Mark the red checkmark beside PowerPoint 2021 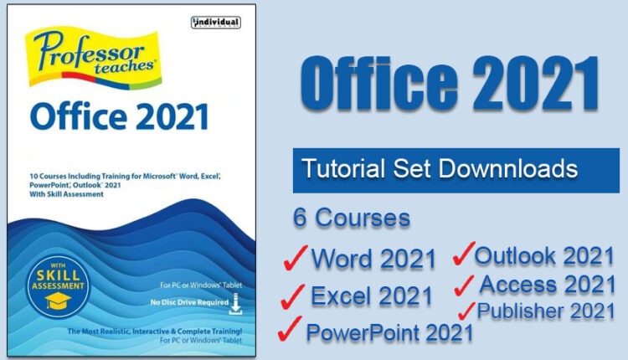[x=290, y=331]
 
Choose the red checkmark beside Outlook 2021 [x=463, y=254]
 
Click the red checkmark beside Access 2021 [x=466, y=285]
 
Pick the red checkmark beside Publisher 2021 [x=466, y=312]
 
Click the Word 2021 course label [x=373, y=259]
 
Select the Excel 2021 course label [x=372, y=296]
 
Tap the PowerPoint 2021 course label [x=389, y=332]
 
